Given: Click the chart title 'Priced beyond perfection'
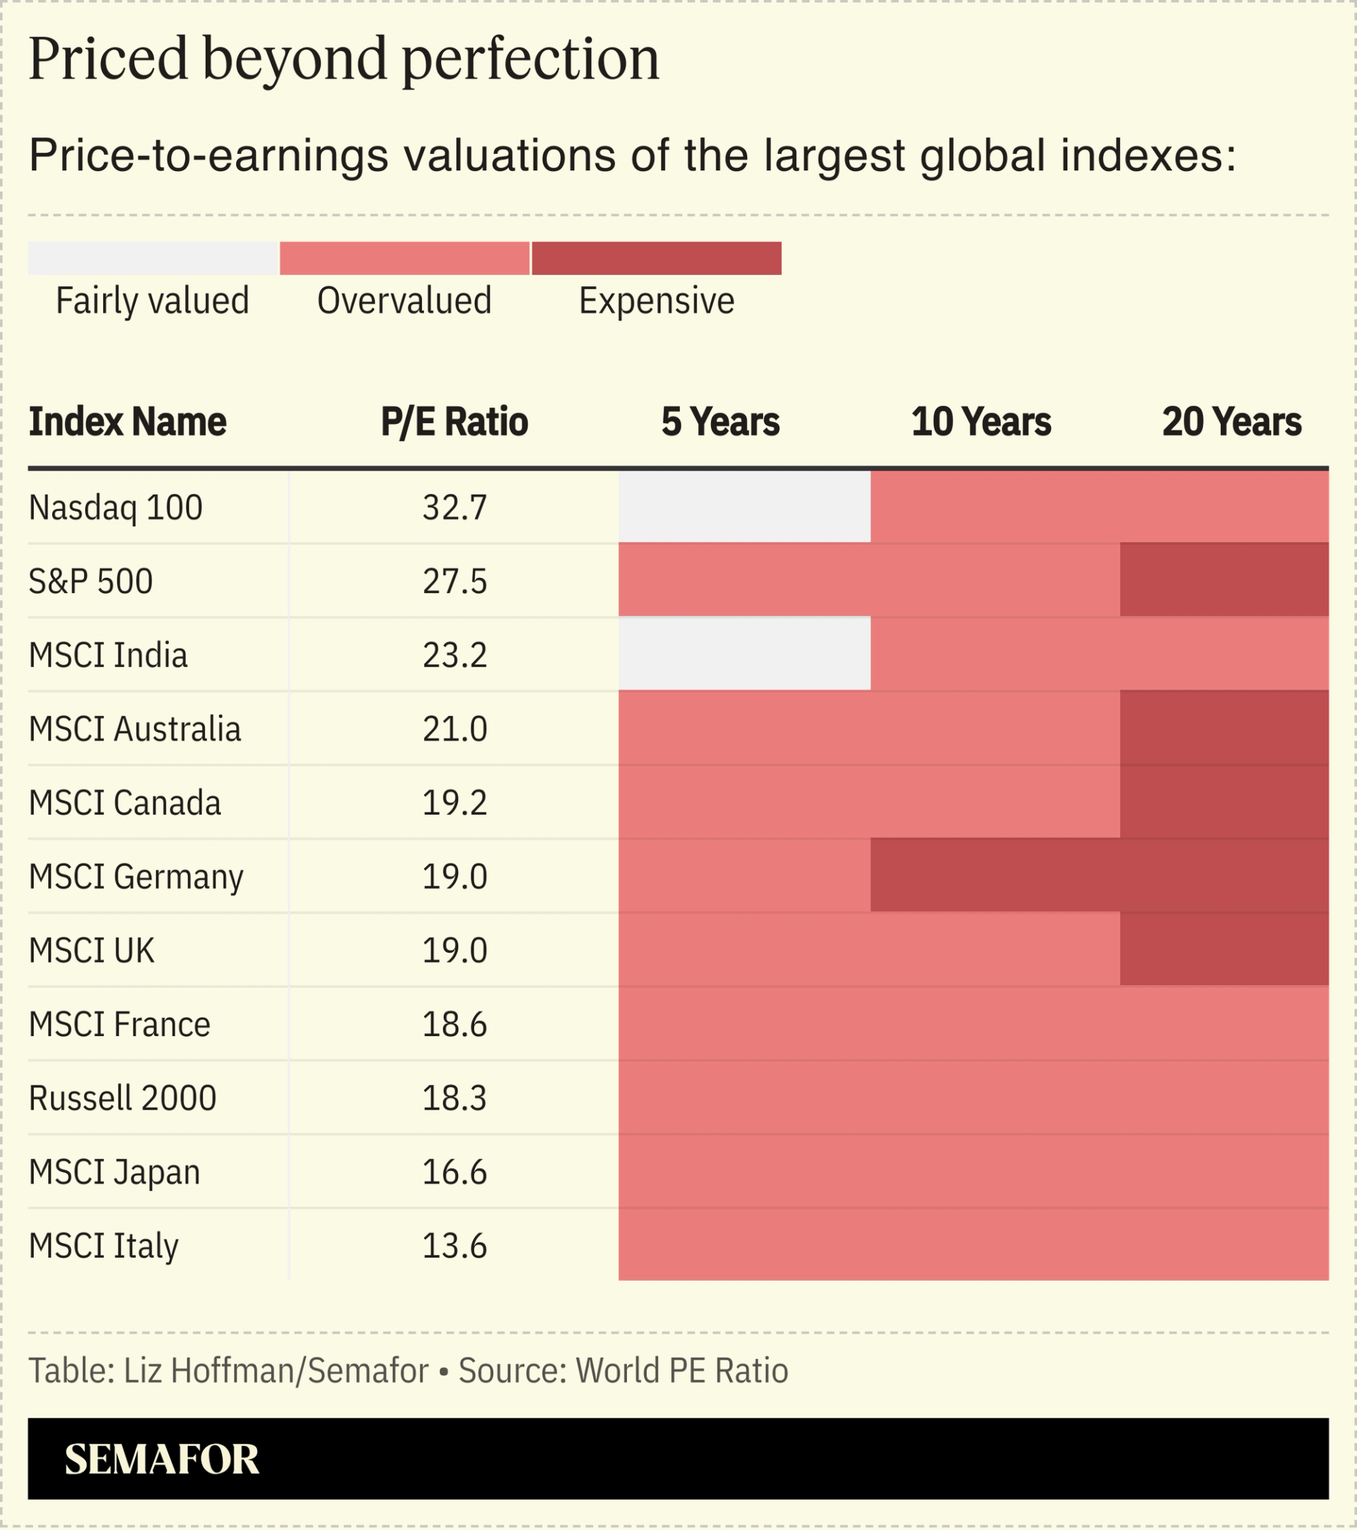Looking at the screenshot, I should [x=343, y=59].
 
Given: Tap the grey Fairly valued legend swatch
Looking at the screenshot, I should [x=153, y=258].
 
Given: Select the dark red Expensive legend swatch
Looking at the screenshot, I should [x=657, y=258].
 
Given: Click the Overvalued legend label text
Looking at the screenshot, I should [x=404, y=301].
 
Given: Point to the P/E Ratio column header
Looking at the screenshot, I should [x=454, y=421].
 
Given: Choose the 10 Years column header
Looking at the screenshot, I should [x=980, y=421].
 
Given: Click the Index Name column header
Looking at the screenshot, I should [x=127, y=421].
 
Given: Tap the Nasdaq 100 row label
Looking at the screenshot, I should [x=115, y=507].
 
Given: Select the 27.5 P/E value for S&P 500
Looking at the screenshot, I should [x=454, y=582].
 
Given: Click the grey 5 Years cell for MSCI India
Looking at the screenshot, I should [x=744, y=654].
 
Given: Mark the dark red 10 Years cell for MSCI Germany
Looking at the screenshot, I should [x=994, y=875].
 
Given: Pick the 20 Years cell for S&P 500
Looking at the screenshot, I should [x=1223, y=580].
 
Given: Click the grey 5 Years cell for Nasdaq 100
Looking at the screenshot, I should [x=744, y=507].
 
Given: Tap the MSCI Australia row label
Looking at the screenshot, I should [x=135, y=729].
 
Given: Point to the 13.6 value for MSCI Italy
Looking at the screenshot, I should [x=454, y=1246].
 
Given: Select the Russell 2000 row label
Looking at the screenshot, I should [x=122, y=1098].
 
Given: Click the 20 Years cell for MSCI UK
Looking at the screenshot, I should [x=1223, y=949].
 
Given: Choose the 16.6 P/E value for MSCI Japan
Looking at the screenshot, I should [x=454, y=1172].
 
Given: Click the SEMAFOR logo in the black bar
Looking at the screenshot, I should [x=162, y=1459].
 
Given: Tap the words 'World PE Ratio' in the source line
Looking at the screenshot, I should [x=681, y=1370].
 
